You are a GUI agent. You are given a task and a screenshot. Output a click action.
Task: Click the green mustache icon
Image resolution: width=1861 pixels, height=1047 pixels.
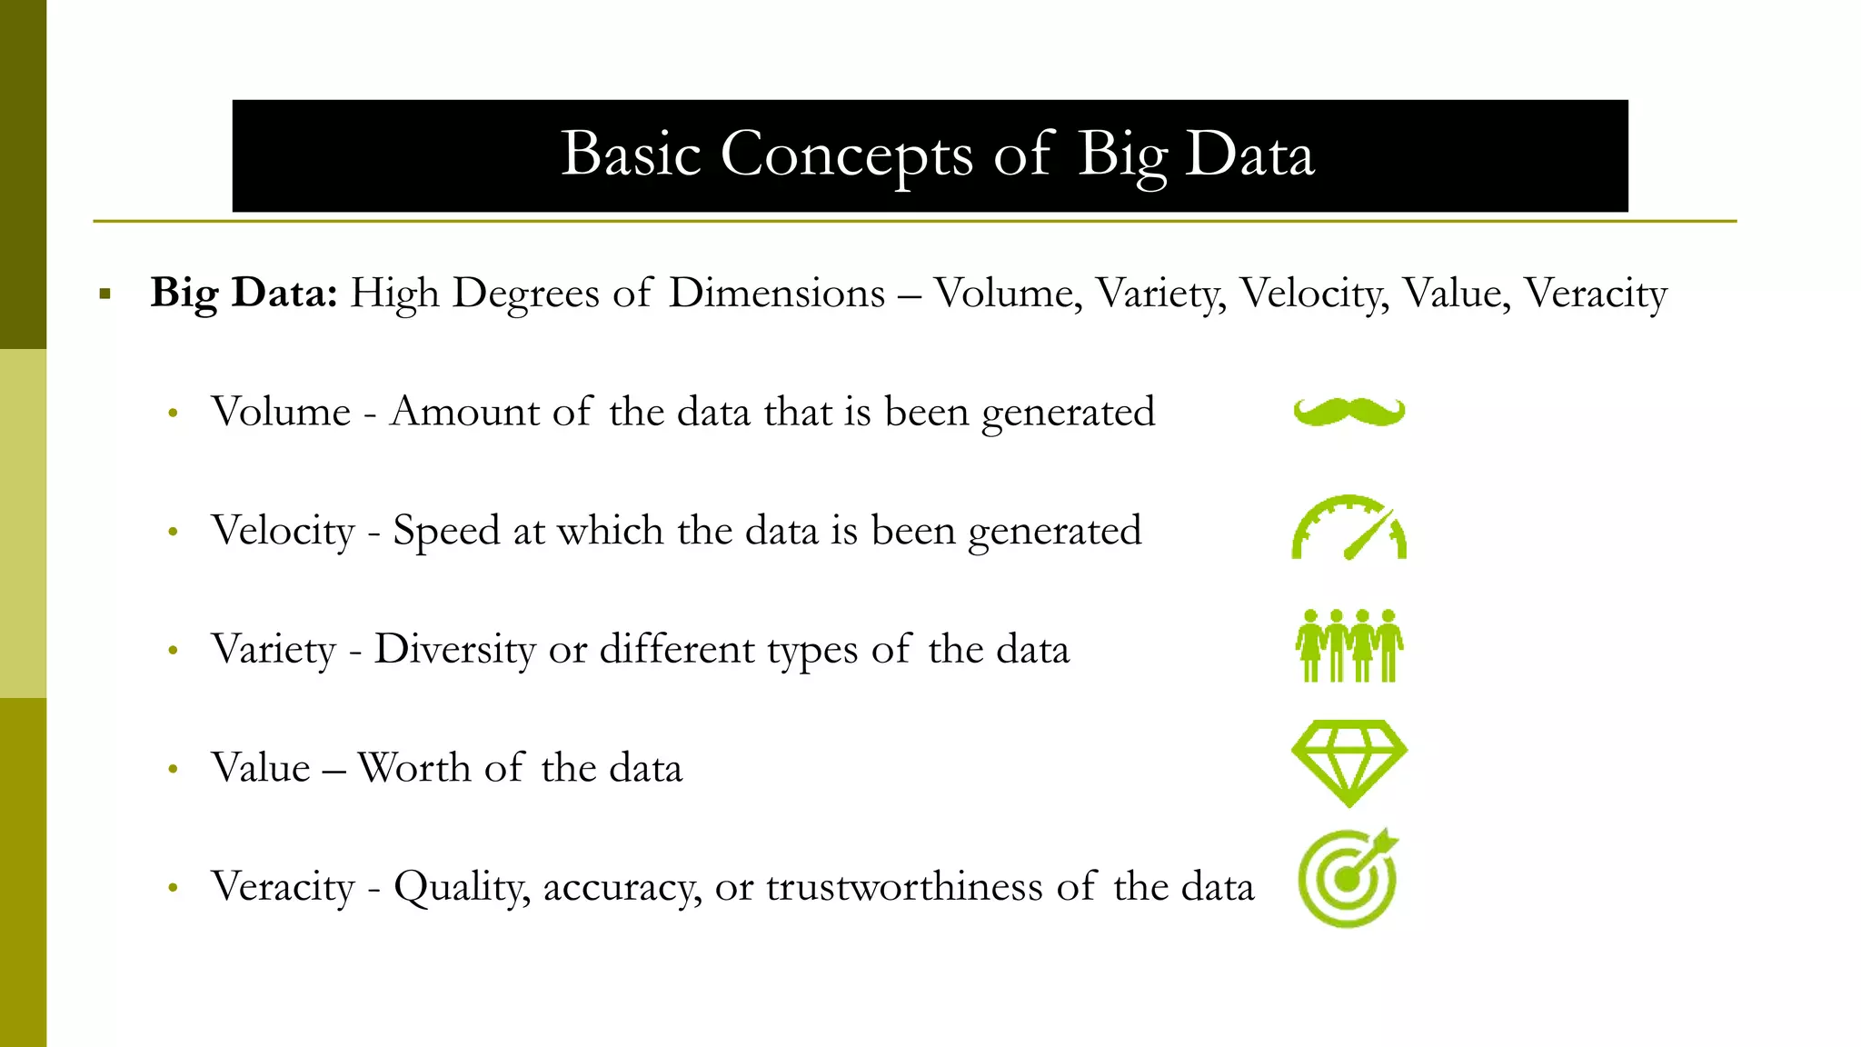pyautogui.click(x=1349, y=412)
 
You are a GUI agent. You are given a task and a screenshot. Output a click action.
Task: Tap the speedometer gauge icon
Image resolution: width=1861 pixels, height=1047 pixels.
pyautogui.click(x=1349, y=528)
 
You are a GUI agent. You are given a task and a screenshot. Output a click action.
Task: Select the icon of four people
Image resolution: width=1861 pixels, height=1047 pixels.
pyautogui.click(x=1349, y=646)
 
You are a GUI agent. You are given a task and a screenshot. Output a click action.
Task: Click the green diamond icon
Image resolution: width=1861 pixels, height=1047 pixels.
pyautogui.click(x=1349, y=763)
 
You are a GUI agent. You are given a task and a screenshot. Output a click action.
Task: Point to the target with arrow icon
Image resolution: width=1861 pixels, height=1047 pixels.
pyautogui.click(x=1348, y=879)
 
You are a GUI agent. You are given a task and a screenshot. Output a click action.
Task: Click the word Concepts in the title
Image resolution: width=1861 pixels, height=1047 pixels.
pyautogui.click(x=846, y=155)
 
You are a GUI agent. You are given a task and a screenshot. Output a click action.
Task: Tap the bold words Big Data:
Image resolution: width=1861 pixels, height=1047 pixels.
pyautogui.click(x=244, y=293)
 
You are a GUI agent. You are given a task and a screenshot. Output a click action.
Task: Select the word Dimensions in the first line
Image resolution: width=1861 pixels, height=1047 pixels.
pyautogui.click(x=777, y=293)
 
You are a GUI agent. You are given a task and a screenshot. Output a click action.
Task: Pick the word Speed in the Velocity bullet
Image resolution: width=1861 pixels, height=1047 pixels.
pyautogui.click(x=446, y=531)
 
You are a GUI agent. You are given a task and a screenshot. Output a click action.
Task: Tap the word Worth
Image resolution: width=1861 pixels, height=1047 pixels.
pyautogui.click(x=413, y=768)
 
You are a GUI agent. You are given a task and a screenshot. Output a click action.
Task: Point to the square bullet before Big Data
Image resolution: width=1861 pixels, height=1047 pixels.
pyautogui.click(x=105, y=294)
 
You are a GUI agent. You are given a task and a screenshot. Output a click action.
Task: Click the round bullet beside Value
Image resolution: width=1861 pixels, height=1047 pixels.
pyautogui.click(x=173, y=770)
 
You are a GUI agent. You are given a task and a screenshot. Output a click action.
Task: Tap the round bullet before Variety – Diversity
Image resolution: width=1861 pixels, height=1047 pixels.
pyautogui.click(x=173, y=651)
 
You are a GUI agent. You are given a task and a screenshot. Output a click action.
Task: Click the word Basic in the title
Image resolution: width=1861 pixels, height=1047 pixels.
pyautogui.click(x=631, y=155)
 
